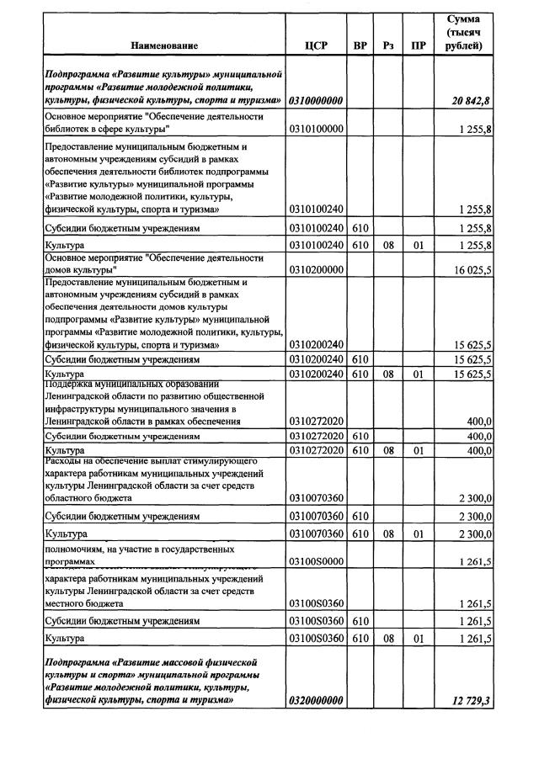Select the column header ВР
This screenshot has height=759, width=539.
pyautogui.click(x=360, y=45)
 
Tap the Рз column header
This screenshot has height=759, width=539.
pyautogui.click(x=387, y=45)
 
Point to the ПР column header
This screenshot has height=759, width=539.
pyautogui.click(x=418, y=45)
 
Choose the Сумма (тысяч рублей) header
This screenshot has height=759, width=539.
pyautogui.click(x=463, y=32)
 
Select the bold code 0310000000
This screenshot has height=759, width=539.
pyautogui.click(x=316, y=101)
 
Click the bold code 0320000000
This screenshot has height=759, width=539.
pyautogui.click(x=316, y=700)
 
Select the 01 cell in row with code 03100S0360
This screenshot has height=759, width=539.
pyautogui.click(x=418, y=639)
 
